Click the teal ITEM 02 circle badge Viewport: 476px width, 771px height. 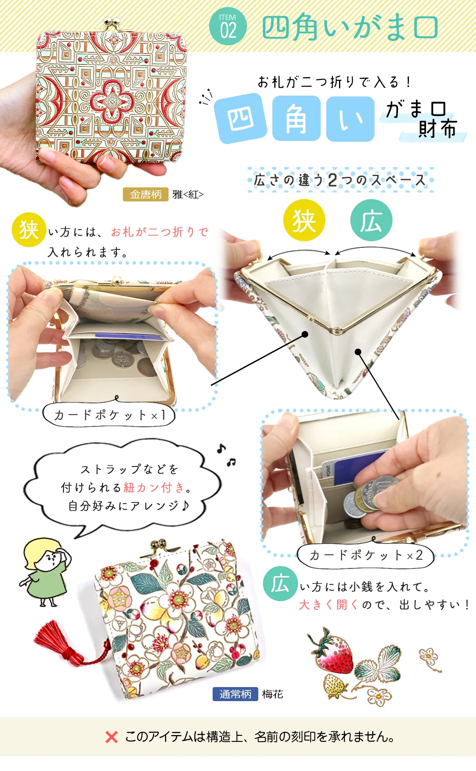[x=228, y=27]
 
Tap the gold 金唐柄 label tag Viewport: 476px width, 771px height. [x=146, y=194]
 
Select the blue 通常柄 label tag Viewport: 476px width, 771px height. [x=235, y=694]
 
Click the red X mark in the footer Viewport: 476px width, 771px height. [x=112, y=737]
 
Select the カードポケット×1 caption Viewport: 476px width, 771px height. [x=109, y=415]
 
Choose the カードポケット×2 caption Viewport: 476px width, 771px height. [x=366, y=555]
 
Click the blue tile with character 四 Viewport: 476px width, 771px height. [x=240, y=118]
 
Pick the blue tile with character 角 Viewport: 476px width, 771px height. [x=297, y=119]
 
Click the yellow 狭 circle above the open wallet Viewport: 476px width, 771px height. [x=304, y=220]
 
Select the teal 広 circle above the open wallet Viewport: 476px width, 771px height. [x=371, y=220]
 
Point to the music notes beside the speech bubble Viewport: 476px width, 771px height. [x=226, y=455]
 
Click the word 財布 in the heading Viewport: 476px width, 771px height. [x=437, y=129]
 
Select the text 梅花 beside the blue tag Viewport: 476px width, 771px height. [x=273, y=694]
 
